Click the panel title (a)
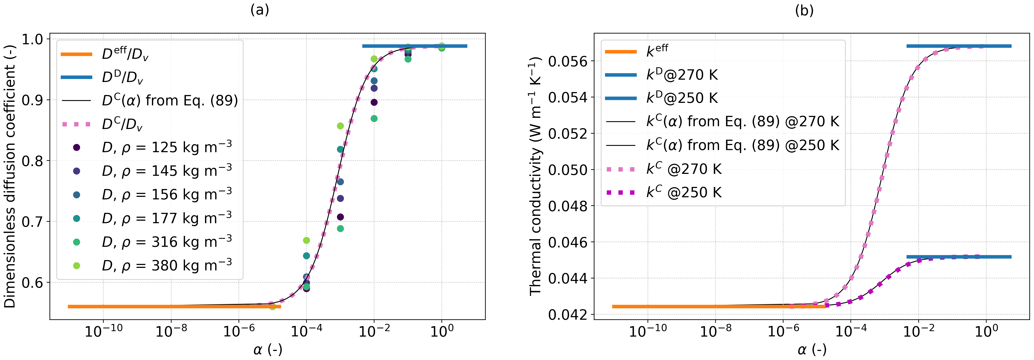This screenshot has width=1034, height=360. (x=259, y=10)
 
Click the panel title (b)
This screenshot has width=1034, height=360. (x=804, y=10)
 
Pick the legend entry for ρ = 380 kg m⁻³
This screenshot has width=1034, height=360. (x=167, y=265)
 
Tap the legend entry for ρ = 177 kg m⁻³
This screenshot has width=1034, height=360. (x=167, y=218)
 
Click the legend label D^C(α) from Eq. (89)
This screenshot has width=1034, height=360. (x=170, y=100)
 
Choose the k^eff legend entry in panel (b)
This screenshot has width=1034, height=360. (x=657, y=51)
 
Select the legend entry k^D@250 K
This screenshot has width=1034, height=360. (x=682, y=98)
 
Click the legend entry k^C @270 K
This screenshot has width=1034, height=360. (x=684, y=169)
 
